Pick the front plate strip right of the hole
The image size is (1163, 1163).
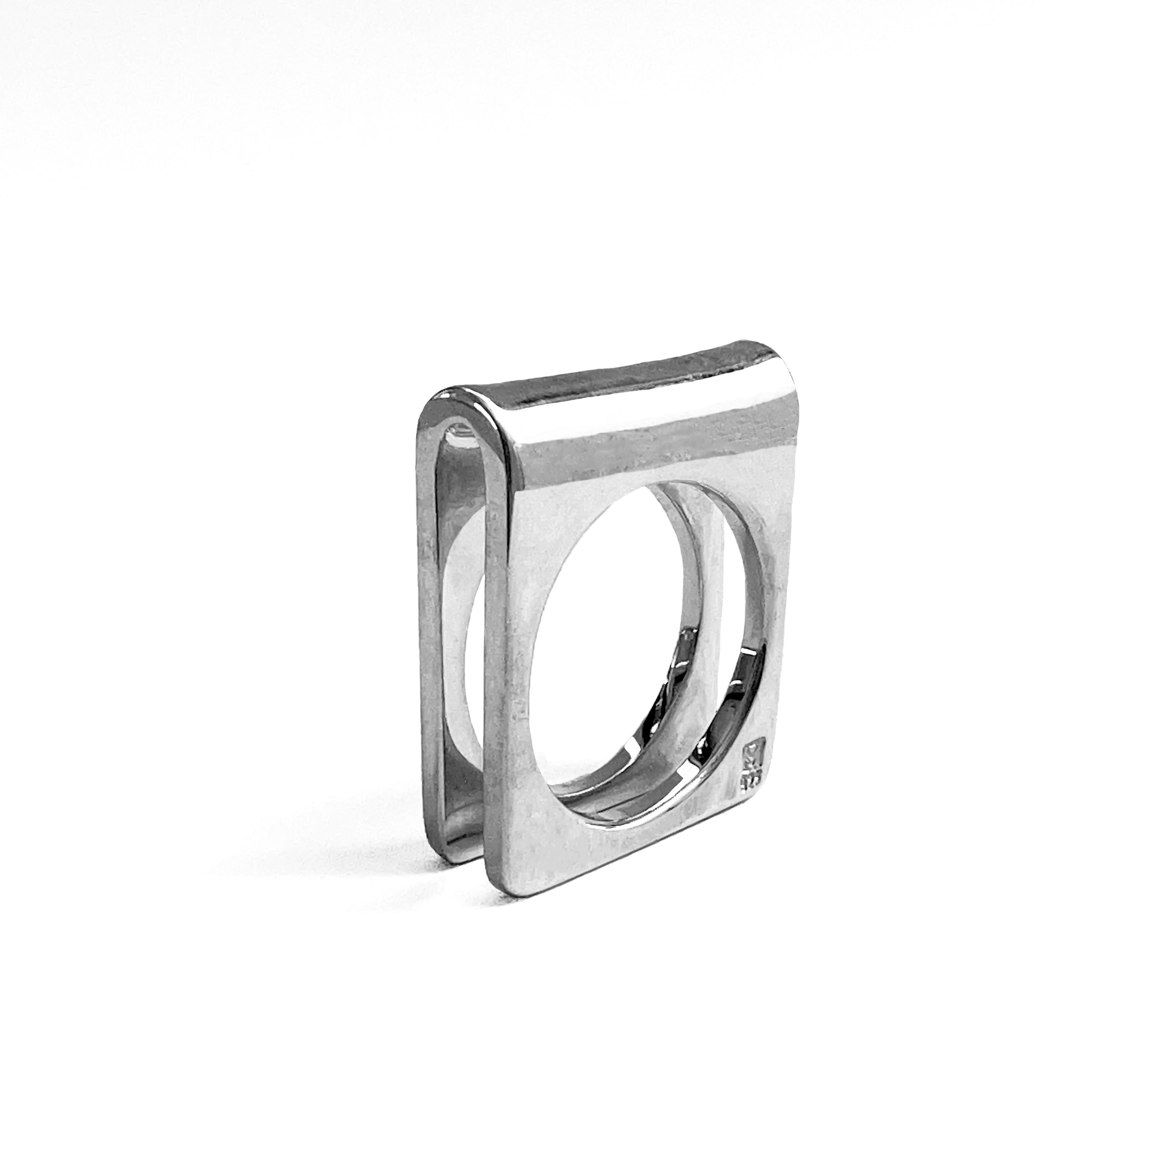[771, 602]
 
